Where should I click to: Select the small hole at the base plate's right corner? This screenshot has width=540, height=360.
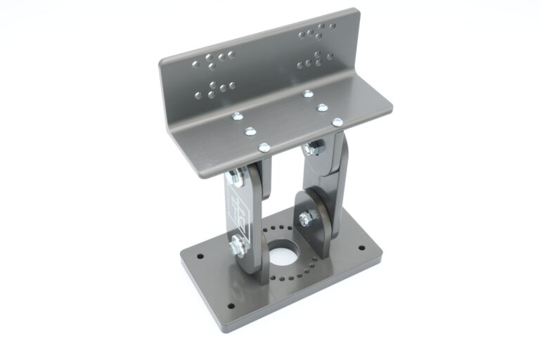point(361,248)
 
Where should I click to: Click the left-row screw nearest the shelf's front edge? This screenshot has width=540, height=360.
point(264,147)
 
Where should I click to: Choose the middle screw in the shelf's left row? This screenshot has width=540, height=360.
point(249,131)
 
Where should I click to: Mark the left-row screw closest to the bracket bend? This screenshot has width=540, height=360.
point(237,116)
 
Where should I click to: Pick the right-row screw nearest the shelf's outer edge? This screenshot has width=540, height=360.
point(337,122)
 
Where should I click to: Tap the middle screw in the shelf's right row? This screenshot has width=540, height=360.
point(322,108)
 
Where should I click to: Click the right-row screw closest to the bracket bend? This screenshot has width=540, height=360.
point(308,94)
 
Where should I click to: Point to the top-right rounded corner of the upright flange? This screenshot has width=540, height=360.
point(356,12)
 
